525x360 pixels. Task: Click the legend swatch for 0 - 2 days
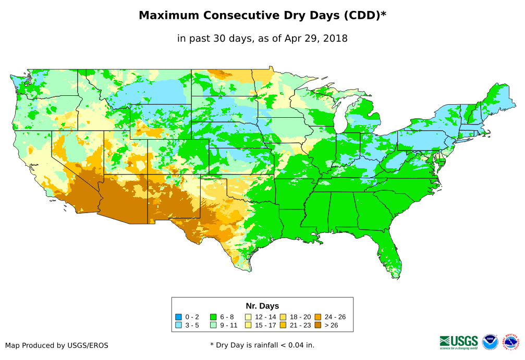(x=179, y=317)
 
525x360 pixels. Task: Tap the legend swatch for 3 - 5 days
(x=179, y=325)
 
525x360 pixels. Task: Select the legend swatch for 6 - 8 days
(x=213, y=317)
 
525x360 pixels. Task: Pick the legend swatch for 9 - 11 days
(x=213, y=325)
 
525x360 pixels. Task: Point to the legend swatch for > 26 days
(x=318, y=325)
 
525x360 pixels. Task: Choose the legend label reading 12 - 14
(x=265, y=317)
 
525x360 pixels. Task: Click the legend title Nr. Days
(x=262, y=306)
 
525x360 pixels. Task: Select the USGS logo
(x=459, y=342)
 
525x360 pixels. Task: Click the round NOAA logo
(x=490, y=342)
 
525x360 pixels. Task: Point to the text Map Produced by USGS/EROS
(x=57, y=345)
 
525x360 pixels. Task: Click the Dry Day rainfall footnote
(x=262, y=345)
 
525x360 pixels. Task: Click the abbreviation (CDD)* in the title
(x=363, y=16)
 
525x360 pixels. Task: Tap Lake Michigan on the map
(x=341, y=117)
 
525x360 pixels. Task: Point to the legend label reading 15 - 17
(x=265, y=325)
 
